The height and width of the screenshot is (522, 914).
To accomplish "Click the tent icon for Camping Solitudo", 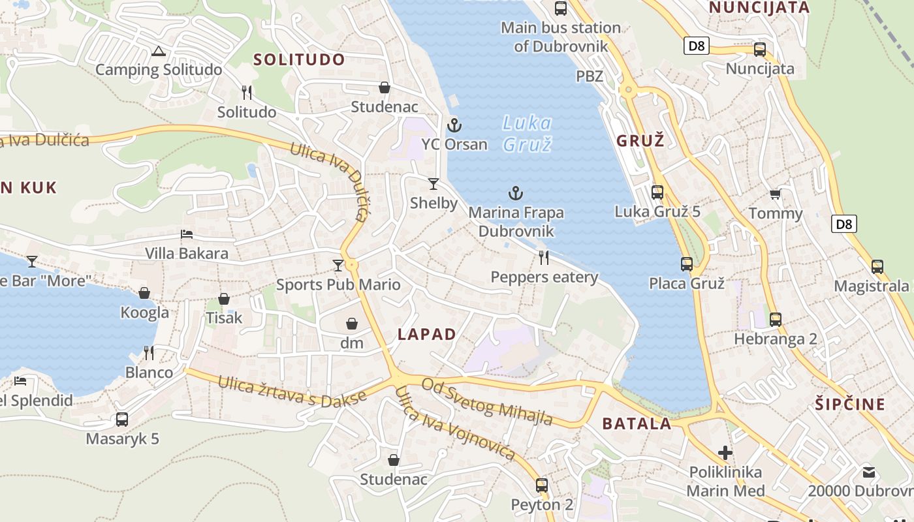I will coord(158,51).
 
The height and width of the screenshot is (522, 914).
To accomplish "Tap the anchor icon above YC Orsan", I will coord(454,125).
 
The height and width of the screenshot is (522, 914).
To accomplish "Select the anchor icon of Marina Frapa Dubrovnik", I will coord(516,193).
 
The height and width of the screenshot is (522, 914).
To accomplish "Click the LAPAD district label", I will coord(427,335).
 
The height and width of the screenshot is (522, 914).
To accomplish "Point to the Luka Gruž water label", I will coord(528,133).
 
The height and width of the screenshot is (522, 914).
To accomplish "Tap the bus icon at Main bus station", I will coord(560,8).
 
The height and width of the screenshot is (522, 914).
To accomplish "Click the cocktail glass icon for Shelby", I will coord(433,184).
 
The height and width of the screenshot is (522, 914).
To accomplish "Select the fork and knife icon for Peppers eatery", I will coord(544,258).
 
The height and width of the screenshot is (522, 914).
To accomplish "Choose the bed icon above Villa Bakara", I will coord(187,234).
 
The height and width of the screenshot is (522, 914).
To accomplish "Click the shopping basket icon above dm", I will coord(351,324).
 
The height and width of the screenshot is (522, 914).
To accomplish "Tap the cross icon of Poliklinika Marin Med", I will coord(725,453).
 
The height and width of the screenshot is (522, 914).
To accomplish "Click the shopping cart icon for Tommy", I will coord(776,194).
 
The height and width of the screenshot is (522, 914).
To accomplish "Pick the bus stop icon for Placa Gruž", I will coord(687,264).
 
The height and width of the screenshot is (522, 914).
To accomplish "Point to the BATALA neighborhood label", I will coord(637,424).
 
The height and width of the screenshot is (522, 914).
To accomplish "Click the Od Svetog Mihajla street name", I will coord(487,401).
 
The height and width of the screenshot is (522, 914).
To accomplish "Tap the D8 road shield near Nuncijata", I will coord(697,46).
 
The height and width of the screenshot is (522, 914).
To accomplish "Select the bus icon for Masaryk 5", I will coord(122,420).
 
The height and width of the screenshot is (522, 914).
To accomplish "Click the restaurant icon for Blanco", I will coord(149,353).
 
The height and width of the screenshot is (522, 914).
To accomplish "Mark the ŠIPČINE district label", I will coord(849,404).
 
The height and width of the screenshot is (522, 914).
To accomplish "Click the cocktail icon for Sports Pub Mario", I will coord(338,265).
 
